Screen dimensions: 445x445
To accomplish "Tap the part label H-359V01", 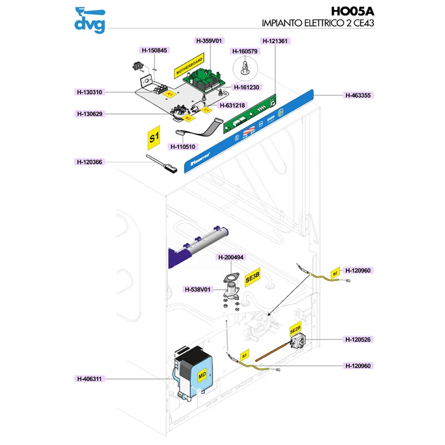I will point(209,41).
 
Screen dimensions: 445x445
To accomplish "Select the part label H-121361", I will point(276,41).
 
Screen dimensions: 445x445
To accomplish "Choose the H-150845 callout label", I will point(154,50).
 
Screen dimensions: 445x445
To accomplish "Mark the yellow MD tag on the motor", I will point(202,375).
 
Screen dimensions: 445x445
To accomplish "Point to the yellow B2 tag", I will point(335,273).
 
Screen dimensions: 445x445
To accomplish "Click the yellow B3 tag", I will point(244,354).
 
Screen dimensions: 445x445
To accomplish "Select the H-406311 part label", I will point(90,379).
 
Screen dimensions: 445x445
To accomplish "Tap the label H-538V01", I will point(198,289).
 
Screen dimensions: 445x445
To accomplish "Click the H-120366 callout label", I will point(90,162).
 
